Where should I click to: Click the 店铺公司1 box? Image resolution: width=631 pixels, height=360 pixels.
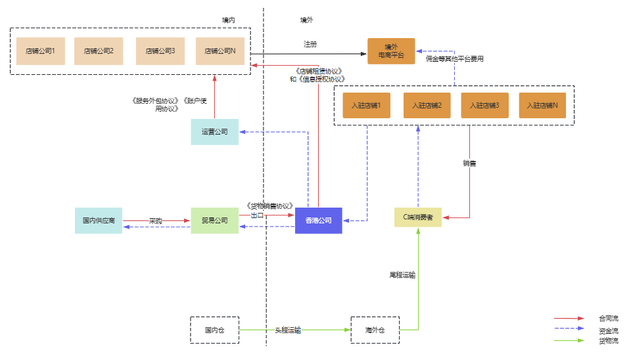pos(41,51)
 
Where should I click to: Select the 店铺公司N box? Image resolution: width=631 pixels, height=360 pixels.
pos(220,51)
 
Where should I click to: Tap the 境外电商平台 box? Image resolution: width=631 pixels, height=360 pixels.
pos(391,51)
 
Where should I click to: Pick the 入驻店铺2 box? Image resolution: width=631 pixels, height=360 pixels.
pos(427,105)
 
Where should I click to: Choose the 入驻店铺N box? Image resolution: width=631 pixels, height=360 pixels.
pos(542,105)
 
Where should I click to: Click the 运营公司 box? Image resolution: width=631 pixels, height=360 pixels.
pos(215,132)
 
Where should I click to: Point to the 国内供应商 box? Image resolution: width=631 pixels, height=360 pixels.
pos(99,221)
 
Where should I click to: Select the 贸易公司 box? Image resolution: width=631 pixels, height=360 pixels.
pos(215,221)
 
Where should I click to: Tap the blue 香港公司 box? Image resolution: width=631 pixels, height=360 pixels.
pos(319,221)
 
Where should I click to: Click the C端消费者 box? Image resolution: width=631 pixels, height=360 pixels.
pos(418,217)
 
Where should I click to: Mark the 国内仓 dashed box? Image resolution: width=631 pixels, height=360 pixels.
pos(214,330)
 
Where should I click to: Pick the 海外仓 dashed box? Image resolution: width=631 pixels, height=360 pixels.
pos(375,330)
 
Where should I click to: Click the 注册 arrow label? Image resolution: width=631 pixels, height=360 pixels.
pos(310,45)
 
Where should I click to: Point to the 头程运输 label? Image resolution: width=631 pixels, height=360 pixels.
pos(288,330)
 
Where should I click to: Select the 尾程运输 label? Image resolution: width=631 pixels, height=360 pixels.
pos(402,275)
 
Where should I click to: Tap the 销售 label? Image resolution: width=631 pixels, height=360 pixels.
pos(469,163)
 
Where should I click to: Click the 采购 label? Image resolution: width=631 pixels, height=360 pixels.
pos(155,221)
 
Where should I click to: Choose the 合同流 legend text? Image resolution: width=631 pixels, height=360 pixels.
pos(608,319)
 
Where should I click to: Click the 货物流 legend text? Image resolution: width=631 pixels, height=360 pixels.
pos(608,341)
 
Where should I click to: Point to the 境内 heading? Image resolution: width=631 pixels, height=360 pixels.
pos(229,20)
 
